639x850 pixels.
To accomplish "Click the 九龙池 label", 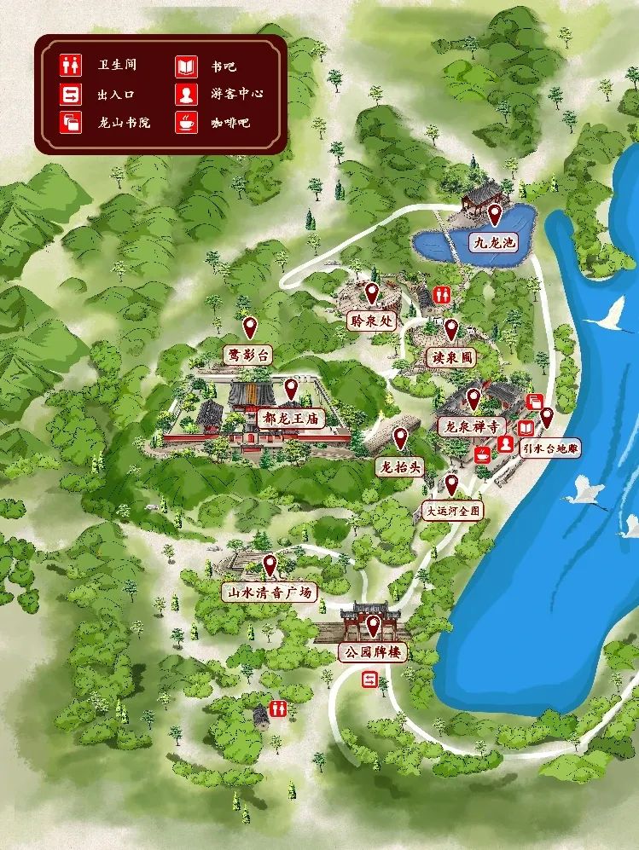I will (495, 243).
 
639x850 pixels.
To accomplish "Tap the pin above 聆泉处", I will (371, 293).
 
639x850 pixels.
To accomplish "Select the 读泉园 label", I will (450, 359).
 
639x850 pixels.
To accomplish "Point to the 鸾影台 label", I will (247, 356).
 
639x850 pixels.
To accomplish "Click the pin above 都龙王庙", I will (291, 389).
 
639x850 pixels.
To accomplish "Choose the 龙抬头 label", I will (399, 467).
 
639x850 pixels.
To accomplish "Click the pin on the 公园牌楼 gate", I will (373, 626).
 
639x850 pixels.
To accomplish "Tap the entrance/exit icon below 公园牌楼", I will (370, 679).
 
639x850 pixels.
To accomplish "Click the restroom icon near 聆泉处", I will (441, 293).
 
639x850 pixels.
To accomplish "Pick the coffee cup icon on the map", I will (483, 454).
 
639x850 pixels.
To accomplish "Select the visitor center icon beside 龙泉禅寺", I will (506, 443).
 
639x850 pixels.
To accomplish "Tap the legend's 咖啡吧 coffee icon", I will (185, 123).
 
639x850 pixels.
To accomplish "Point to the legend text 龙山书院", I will (124, 123).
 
